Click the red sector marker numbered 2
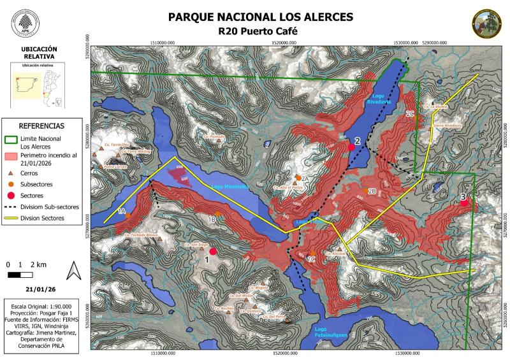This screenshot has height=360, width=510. coord(351,147)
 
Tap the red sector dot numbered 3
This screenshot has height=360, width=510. coord(465,203)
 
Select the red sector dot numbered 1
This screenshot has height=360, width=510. coord(213,252)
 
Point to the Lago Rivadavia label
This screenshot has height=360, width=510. coord(377,98)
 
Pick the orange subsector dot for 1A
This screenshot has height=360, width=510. coord(128,215)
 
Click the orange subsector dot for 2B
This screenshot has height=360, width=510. coord(365,191)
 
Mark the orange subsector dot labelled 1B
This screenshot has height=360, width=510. coord(218,214)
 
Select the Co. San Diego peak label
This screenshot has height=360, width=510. coord(196,244)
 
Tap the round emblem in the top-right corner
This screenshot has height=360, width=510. coord(486,24)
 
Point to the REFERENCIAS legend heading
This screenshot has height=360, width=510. coord(41,126)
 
